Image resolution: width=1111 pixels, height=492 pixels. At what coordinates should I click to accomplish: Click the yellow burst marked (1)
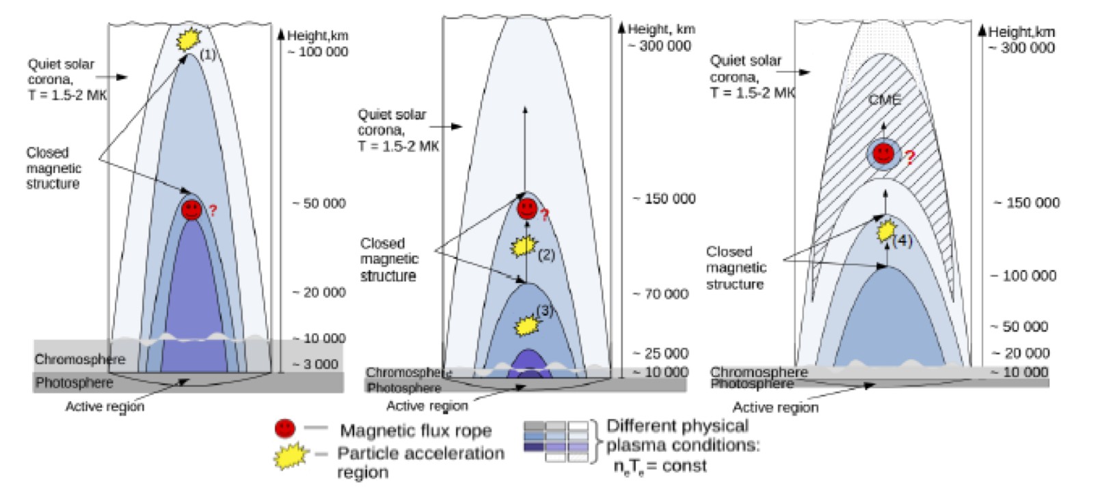(187, 39)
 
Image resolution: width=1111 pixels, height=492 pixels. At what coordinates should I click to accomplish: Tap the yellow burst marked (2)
(525, 245)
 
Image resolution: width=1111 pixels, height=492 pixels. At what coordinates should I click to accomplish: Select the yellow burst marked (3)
(526, 325)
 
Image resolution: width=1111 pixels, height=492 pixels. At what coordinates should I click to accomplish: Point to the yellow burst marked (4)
(886, 231)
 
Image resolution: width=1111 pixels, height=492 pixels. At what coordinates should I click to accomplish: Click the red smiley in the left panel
(192, 209)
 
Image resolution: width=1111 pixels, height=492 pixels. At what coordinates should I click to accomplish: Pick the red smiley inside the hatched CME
(883, 153)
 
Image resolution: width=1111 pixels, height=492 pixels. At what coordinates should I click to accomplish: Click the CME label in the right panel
(885, 100)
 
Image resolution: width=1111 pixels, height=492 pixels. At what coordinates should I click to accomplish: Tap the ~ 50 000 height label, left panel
(319, 203)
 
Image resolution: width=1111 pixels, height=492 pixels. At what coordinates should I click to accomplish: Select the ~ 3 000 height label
(316, 364)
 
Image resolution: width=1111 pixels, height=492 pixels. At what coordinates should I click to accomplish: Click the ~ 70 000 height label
(660, 294)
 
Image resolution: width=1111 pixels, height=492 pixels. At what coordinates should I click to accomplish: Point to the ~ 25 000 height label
(660, 353)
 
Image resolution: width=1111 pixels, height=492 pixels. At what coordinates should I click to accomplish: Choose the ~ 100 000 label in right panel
(1023, 275)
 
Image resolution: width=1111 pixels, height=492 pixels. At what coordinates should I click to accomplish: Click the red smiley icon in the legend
(285, 428)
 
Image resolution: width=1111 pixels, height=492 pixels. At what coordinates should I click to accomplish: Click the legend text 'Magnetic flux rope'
(416, 431)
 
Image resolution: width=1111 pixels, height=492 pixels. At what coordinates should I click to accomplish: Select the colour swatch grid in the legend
(556, 441)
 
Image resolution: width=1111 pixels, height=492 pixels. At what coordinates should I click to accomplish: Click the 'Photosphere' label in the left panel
(75, 382)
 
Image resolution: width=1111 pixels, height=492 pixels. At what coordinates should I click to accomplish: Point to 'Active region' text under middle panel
(427, 406)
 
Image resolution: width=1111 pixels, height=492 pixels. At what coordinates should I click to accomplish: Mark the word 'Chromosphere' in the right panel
(759, 372)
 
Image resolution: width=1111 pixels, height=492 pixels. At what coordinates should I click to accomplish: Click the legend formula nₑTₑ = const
(660, 466)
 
